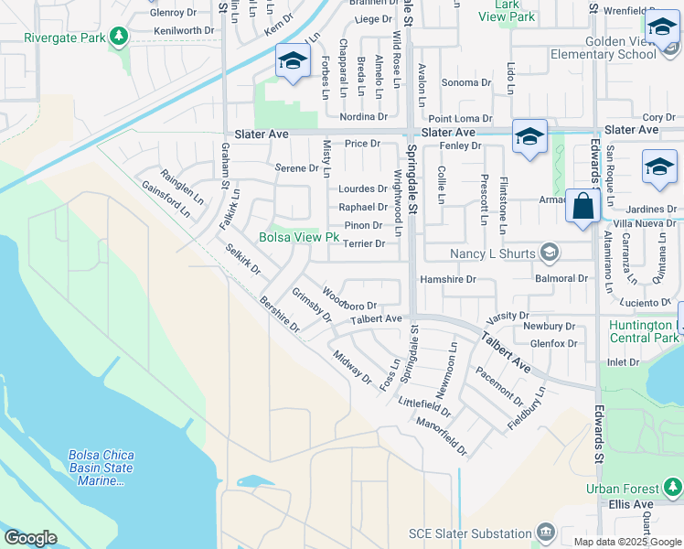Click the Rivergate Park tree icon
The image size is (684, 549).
coord(118,37)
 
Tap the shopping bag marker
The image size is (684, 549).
coord(582,206)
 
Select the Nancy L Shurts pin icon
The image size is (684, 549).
coord(550,252)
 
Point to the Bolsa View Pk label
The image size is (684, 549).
coord(299,237)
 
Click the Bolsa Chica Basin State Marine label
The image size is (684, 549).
coord(101,468)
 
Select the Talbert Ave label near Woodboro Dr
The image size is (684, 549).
coord(377,319)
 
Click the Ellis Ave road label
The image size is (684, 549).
coord(632,504)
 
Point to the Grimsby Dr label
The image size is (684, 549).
coord(311,306)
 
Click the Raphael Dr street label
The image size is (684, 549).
coord(363,208)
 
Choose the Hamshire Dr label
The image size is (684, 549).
coord(448,279)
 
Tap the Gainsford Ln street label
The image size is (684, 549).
coord(166,198)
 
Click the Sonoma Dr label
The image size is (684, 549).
coord(466,82)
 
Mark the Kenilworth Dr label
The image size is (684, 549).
coord(185,30)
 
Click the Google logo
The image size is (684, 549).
coord(30,538)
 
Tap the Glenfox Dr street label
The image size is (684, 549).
coord(553,344)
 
